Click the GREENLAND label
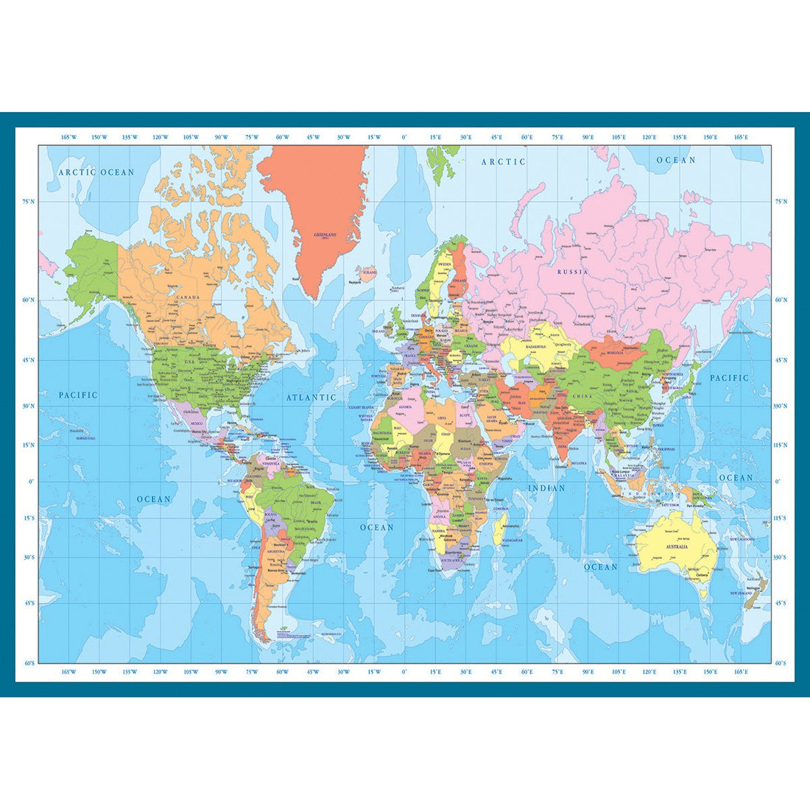coord(325,235)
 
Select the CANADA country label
coord(188,298)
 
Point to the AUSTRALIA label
coord(677,547)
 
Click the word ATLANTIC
coord(311,398)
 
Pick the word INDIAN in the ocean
coord(546,488)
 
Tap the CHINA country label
coord(581,397)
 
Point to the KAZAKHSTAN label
coord(535,346)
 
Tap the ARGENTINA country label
coord(275,551)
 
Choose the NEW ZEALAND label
coord(739,593)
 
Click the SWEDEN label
coord(444,264)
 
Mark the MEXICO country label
coord(197,424)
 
